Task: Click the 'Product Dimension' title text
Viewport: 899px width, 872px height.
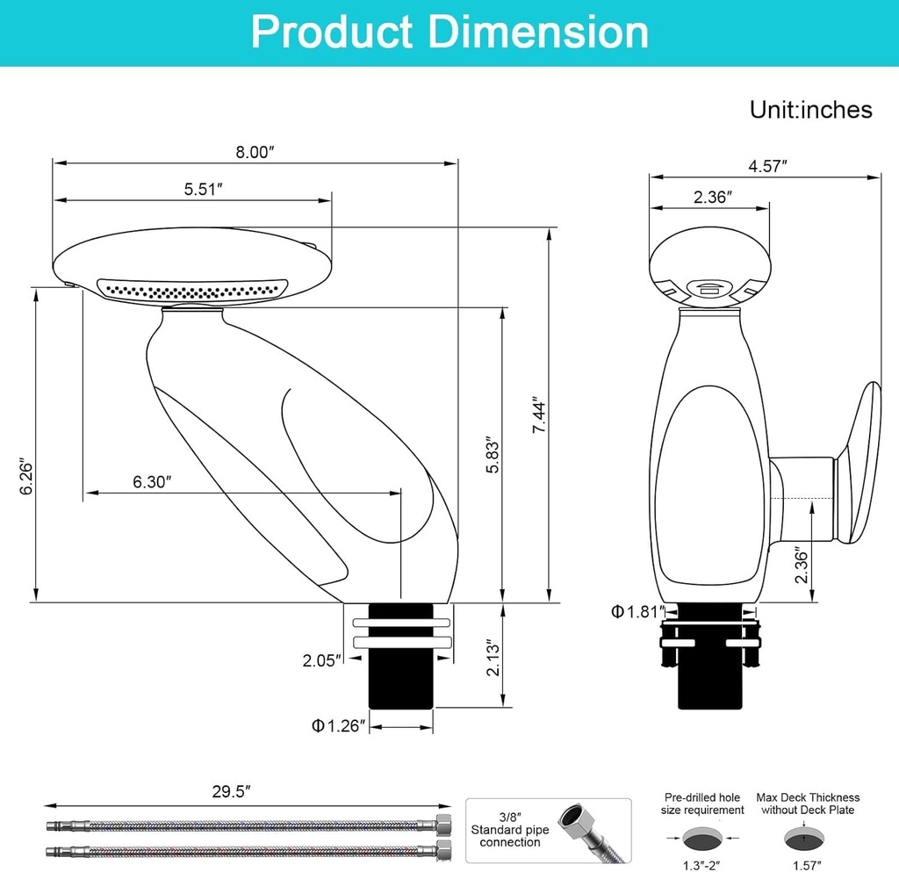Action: (449, 32)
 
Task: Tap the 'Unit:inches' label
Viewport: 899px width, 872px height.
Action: (810, 110)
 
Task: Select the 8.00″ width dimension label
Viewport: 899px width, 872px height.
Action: (255, 152)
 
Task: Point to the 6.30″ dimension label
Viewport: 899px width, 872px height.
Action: (152, 481)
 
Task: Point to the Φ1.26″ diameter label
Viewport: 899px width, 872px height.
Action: (337, 726)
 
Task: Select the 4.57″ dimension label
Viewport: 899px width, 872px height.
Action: (767, 165)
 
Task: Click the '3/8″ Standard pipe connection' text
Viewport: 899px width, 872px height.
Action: (510, 829)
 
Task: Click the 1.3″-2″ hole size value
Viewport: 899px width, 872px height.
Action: (702, 865)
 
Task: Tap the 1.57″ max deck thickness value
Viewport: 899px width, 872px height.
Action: (808, 865)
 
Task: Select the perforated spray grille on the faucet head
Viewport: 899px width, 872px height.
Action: (193, 289)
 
